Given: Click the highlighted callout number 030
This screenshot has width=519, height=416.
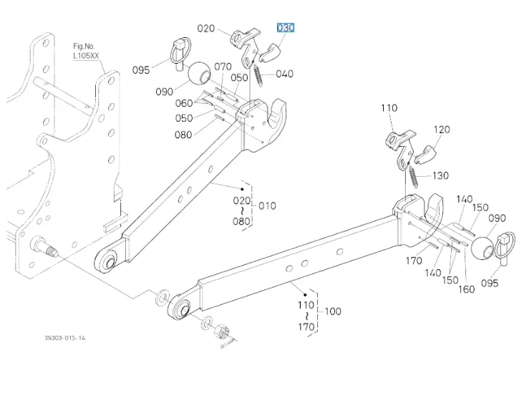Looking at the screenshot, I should [286, 28].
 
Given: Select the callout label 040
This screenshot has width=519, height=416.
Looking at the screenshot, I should [284, 74].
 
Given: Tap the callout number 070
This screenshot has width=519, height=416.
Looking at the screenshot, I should [223, 67].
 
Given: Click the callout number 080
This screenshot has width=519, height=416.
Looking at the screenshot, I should [183, 135].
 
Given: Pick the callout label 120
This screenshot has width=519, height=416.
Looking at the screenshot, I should [442, 130].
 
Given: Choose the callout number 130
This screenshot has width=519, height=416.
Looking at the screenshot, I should [440, 175].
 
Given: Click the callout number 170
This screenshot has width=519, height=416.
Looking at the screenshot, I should [414, 261].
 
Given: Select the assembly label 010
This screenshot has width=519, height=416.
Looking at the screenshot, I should [267, 206].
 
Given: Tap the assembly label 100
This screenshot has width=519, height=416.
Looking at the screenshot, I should [333, 311].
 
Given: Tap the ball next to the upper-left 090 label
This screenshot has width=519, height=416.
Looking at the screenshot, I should [199, 73].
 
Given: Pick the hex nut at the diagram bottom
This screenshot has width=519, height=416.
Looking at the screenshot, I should [221, 332].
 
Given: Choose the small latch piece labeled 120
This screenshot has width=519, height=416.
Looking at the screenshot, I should [428, 153].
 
